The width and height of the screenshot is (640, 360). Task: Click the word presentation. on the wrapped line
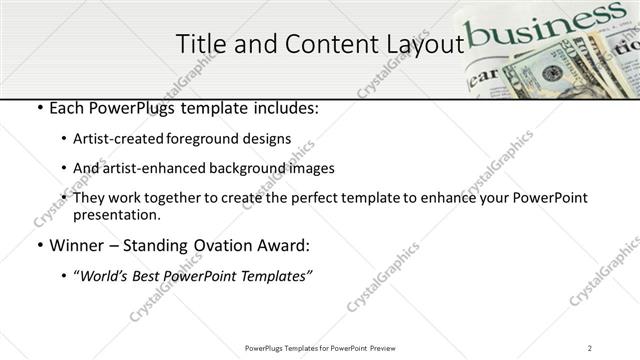point(116,214)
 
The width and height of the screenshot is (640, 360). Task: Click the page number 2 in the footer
point(590,347)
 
